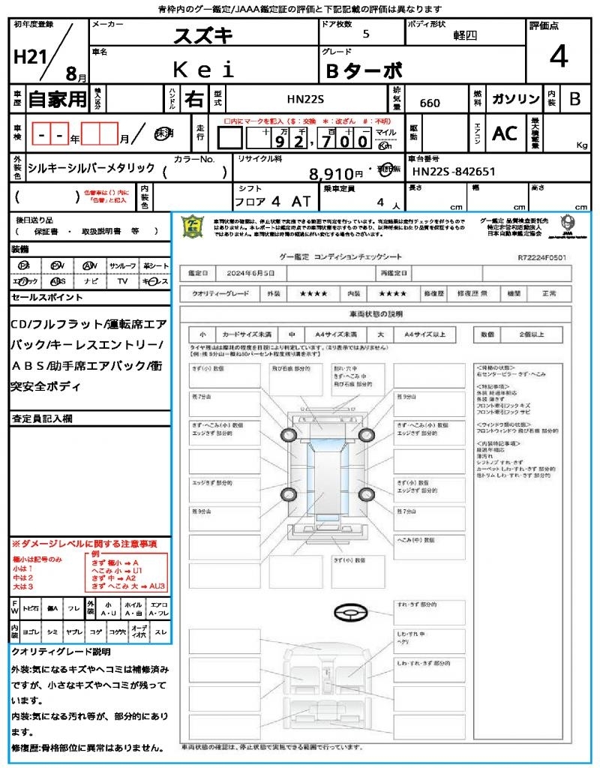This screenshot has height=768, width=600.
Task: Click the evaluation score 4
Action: point(558,57)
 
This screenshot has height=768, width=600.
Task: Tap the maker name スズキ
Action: point(203,35)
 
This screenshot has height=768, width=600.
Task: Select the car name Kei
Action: point(204,70)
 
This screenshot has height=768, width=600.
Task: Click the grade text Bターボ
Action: point(364,71)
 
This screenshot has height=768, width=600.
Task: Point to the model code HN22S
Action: point(305,99)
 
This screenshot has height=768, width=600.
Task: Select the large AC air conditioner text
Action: point(505,133)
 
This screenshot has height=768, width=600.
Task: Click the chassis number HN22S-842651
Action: point(454,172)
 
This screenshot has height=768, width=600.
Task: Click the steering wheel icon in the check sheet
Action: point(349,613)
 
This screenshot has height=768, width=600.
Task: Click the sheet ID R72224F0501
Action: point(541,257)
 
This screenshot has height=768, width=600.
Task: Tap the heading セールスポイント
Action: point(47,298)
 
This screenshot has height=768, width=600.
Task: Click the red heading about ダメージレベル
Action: point(84,543)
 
